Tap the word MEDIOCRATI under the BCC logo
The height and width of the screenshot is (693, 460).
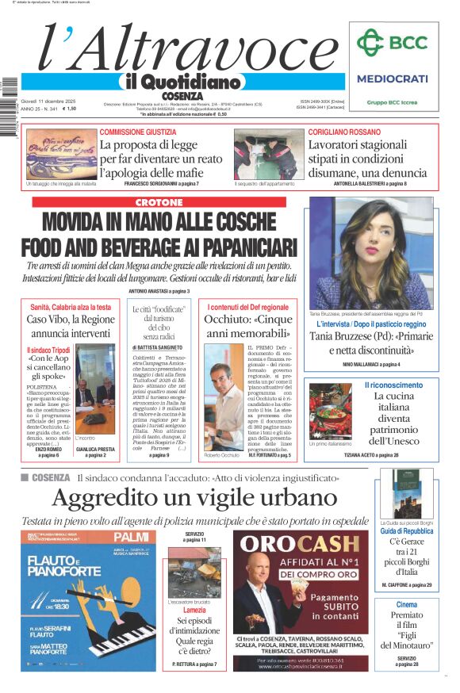click(392, 78)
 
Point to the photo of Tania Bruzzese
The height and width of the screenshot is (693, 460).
click(370, 252)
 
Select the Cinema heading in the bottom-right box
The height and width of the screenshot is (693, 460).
click(406, 605)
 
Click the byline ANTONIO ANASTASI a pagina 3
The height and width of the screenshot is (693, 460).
click(159, 291)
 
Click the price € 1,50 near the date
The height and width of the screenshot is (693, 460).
click(69, 109)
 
